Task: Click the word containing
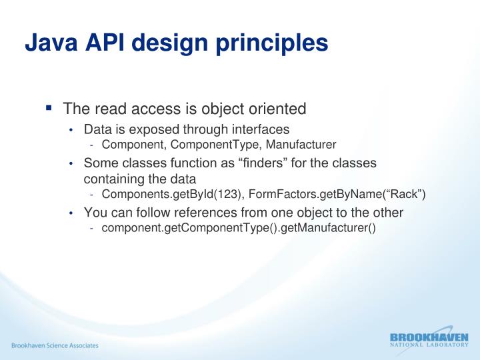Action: (x=111, y=179)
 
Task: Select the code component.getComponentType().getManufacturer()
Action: (x=239, y=229)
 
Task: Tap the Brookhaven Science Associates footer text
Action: (x=54, y=345)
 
